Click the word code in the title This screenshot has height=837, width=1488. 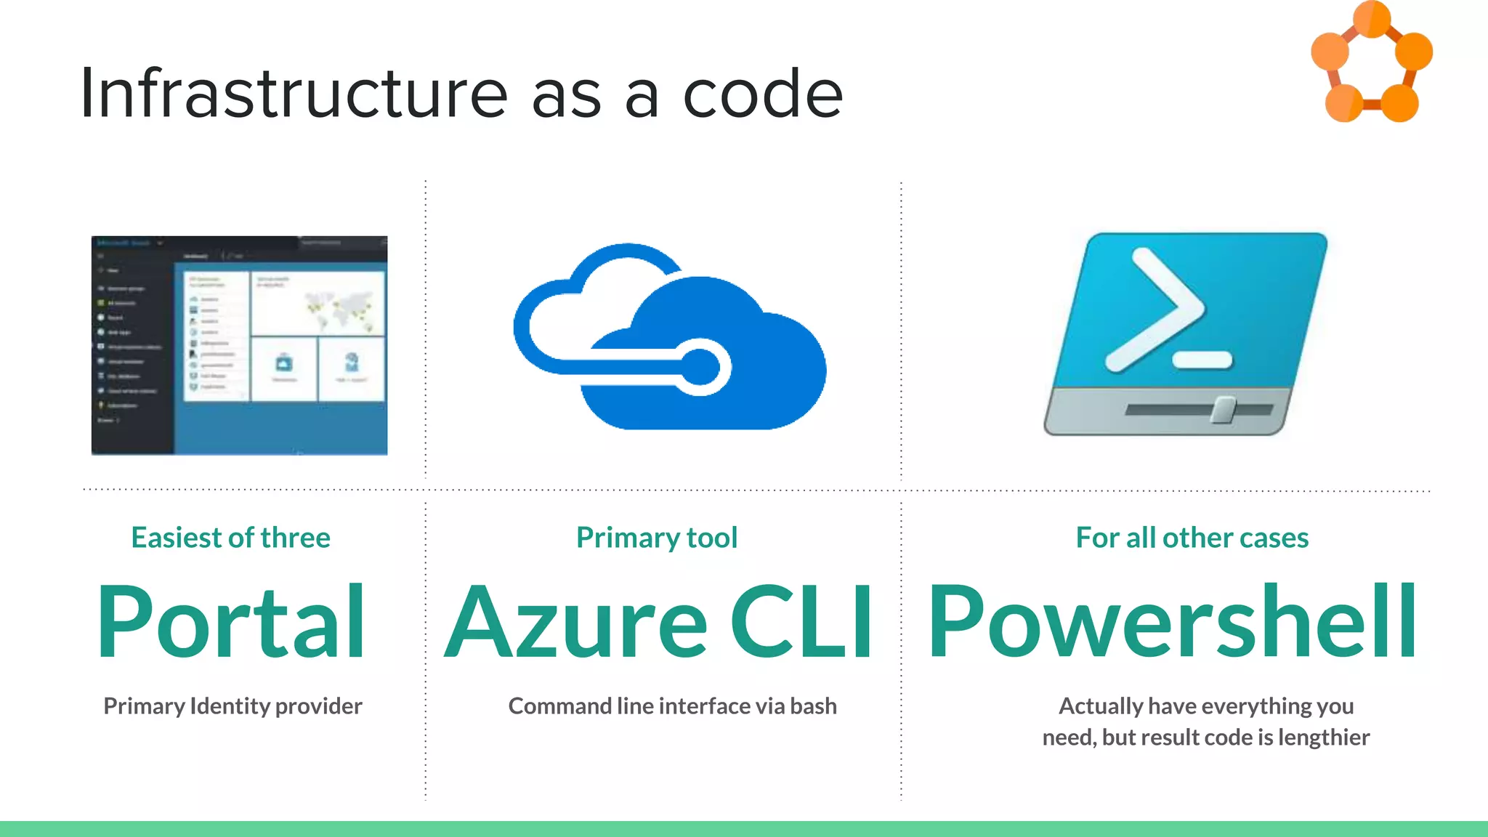762,94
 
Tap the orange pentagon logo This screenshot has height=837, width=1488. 1371,62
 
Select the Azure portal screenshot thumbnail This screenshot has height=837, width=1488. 239,345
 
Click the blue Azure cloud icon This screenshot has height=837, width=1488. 669,337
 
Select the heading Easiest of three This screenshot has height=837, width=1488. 230,538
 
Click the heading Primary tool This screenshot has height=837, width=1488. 657,538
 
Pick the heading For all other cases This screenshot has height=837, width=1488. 1192,538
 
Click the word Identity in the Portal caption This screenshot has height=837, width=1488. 230,706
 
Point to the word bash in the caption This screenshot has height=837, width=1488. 813,706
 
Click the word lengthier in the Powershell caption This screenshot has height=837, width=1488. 1323,737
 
